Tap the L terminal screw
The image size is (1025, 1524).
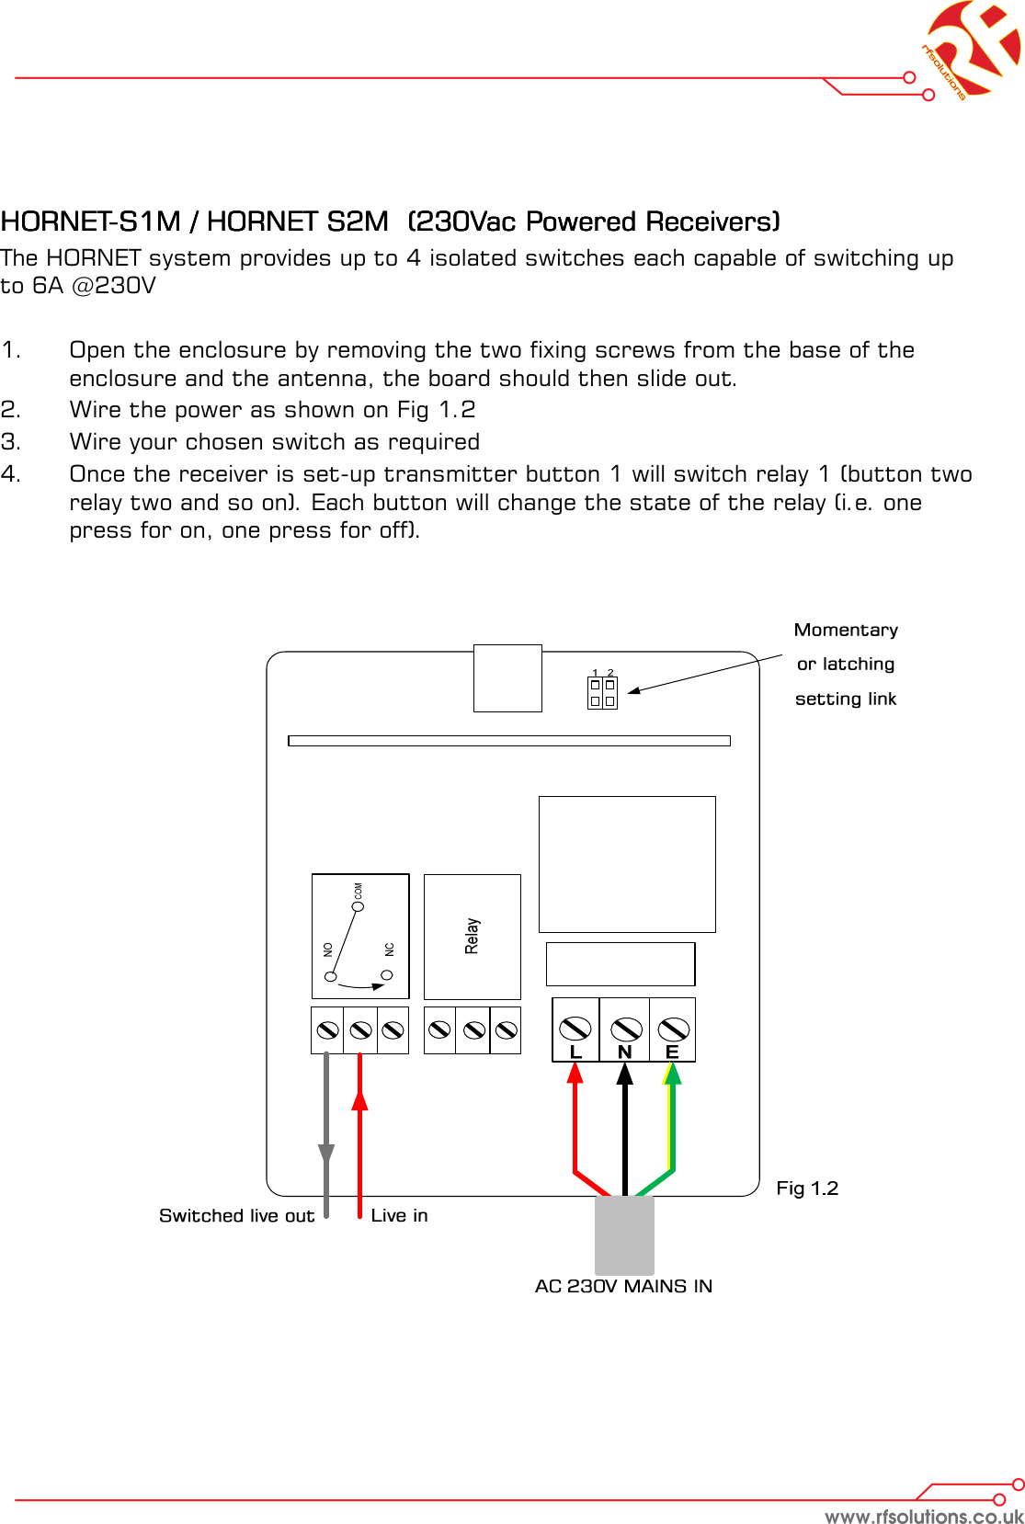pos(575,1027)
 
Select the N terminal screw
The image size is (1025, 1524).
pos(626,1028)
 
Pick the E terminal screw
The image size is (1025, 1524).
pos(674,1028)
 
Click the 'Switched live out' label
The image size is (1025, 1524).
pos(236,1215)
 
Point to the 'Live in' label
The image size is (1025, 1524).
pos(399,1215)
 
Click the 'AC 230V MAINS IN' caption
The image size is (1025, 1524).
pos(623,1286)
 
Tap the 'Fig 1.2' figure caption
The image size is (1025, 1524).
pos(807,1188)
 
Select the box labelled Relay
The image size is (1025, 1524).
pos(472,937)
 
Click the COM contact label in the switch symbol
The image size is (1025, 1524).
pos(358,891)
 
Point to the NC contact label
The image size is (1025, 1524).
pos(389,950)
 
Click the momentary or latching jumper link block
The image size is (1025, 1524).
pos(602,692)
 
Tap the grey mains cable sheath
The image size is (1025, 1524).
pos(624,1234)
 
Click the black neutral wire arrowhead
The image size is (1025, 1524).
pos(625,1074)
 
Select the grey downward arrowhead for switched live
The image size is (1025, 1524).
pos(326,1154)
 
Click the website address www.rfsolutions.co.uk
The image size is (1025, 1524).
pos(923,1516)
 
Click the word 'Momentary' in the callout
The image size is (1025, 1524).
pos(846,630)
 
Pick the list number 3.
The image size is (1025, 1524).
pos(10,442)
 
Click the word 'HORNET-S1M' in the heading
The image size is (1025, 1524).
pos(90,222)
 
